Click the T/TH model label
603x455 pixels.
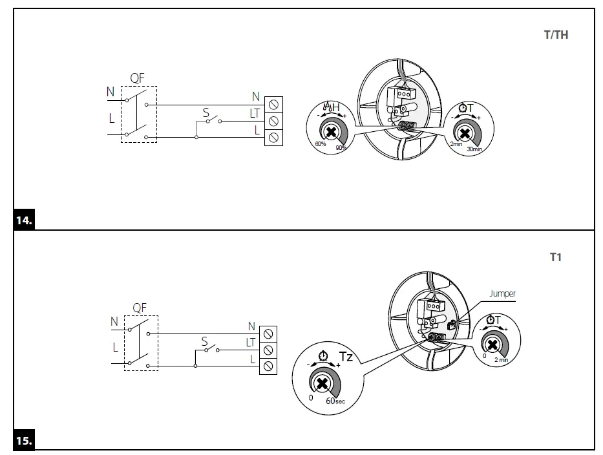[556, 35]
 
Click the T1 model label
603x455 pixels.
[556, 257]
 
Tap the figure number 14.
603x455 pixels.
[23, 221]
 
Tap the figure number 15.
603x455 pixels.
[23, 441]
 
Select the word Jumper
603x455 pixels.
[502, 294]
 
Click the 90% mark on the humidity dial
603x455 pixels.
[341, 148]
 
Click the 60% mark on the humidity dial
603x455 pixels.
[320, 143]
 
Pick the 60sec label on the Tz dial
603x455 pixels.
[335, 401]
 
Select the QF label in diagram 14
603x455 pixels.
[137, 78]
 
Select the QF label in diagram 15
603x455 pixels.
[140, 308]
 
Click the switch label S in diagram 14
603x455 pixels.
[206, 112]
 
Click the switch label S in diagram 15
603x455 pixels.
[204, 341]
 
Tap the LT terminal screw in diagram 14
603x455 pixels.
[273, 120]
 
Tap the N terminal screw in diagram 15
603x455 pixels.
[268, 333]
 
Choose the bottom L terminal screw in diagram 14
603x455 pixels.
[273, 136]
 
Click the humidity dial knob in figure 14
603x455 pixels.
[331, 132]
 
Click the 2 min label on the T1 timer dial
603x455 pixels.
[501, 359]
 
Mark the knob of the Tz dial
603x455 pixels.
[322, 383]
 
